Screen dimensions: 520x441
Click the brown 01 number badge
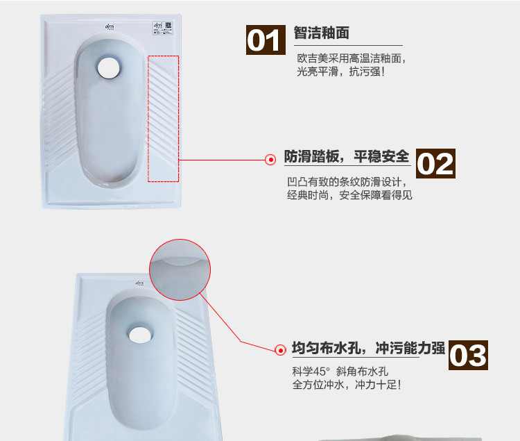[x=266, y=40]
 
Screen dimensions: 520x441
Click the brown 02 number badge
[x=435, y=163]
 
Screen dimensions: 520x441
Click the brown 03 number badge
[x=468, y=355]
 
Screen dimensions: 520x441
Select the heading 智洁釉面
[x=321, y=33]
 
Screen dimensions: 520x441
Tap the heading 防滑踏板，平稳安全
[x=347, y=156]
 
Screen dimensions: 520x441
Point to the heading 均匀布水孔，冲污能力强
[x=368, y=348]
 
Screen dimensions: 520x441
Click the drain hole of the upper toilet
[x=108, y=67]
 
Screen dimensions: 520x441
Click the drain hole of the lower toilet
[x=140, y=335]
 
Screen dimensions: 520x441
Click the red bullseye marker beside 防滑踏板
[x=270, y=160]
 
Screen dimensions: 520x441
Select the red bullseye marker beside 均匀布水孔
[x=280, y=350]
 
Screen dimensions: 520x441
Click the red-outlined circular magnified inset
[x=180, y=269]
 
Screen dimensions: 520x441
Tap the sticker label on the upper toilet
[x=162, y=28]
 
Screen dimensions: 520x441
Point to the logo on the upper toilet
[x=110, y=26]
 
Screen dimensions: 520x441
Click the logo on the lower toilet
[x=139, y=283]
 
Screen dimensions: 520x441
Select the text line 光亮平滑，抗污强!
[x=340, y=72]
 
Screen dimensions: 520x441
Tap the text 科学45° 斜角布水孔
[x=340, y=372]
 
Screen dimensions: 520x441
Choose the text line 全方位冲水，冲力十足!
[x=347, y=385]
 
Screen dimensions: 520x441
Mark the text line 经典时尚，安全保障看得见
[x=349, y=195]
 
